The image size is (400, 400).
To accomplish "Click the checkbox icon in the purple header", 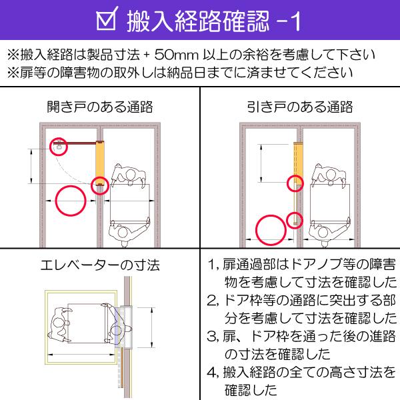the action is (x=107, y=19).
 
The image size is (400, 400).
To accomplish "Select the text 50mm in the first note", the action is (x=176, y=55).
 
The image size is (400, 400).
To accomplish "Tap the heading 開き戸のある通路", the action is (x=100, y=107).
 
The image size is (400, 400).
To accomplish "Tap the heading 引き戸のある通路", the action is (x=300, y=107).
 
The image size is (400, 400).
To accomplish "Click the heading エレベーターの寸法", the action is (x=100, y=265).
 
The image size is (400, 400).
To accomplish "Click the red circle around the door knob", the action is (x=58, y=147).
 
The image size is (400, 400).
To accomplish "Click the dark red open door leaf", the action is (x=75, y=143).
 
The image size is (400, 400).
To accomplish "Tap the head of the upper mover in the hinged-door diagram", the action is (x=131, y=175).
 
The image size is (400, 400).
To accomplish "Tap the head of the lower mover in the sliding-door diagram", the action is (x=323, y=233).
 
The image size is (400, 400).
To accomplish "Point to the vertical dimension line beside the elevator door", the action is (x=152, y=327).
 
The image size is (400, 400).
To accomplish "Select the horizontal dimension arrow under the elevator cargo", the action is (x=81, y=355).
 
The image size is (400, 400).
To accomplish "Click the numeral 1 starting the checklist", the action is (x=212, y=265).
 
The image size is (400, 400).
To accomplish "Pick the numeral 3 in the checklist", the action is (x=211, y=337).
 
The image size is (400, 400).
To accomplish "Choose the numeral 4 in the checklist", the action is (x=212, y=373).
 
